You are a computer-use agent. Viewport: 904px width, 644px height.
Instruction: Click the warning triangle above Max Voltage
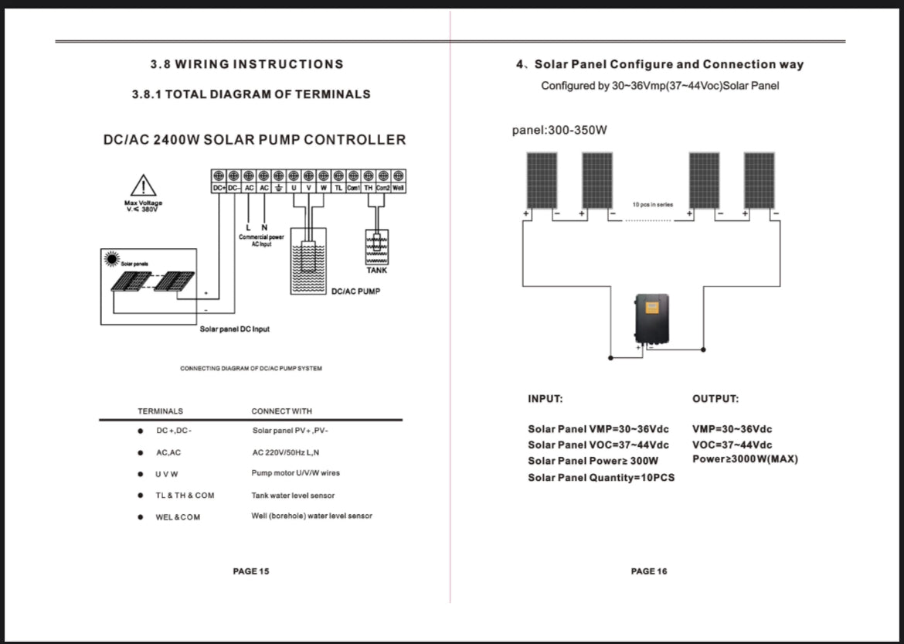pyautogui.click(x=143, y=186)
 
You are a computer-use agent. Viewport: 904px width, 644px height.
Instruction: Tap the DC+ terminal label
pyautogui.click(x=218, y=188)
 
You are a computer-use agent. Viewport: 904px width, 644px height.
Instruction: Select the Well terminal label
pyautogui.click(x=399, y=188)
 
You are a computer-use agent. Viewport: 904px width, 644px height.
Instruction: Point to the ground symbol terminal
pyautogui.click(x=278, y=188)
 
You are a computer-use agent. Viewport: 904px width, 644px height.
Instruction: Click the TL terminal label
pyautogui.click(x=338, y=188)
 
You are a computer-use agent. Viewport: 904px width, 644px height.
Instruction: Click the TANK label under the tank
pyautogui.click(x=377, y=271)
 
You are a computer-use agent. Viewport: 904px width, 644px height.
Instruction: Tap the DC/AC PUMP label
pyautogui.click(x=355, y=291)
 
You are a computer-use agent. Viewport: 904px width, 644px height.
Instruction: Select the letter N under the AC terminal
pyautogui.click(x=264, y=227)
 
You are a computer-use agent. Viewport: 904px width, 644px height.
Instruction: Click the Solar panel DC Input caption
pyautogui.click(x=235, y=329)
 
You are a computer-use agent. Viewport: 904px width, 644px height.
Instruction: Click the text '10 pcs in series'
pyautogui.click(x=653, y=205)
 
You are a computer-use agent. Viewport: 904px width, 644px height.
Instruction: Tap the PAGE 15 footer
pyautogui.click(x=251, y=571)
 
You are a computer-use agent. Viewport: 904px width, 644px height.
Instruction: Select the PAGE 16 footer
pyautogui.click(x=649, y=571)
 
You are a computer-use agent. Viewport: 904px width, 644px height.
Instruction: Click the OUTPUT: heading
pyautogui.click(x=715, y=399)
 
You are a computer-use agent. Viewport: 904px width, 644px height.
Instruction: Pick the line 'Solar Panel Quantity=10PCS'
pyautogui.click(x=601, y=478)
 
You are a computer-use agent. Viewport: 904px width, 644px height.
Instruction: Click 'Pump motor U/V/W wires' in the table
pyautogui.click(x=295, y=473)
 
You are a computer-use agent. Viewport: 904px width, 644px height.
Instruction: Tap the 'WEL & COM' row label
pyautogui.click(x=178, y=517)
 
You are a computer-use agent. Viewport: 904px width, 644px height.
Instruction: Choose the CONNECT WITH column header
pyautogui.click(x=282, y=411)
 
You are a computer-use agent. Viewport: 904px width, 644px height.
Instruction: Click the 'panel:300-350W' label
pyautogui.click(x=559, y=130)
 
